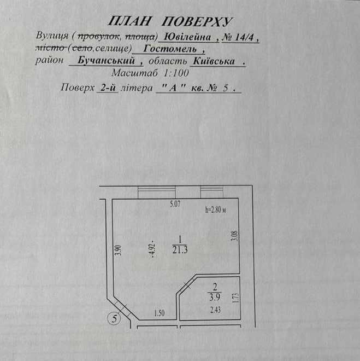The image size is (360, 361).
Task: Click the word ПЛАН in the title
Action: click(x=129, y=21)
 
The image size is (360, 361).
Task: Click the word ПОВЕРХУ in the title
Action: click(x=197, y=22)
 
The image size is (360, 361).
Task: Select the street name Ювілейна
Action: click(x=188, y=37)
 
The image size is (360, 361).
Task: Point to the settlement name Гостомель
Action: click(x=170, y=49)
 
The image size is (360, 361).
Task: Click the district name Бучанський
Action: click(x=106, y=60)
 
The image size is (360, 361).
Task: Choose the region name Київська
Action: click(x=214, y=61)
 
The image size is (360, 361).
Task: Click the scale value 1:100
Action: click(x=176, y=73)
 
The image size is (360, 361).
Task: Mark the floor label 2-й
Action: click(x=108, y=88)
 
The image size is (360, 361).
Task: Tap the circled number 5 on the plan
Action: click(x=114, y=319)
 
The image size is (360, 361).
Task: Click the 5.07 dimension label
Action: click(x=175, y=204)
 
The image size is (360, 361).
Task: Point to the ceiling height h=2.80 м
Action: click(x=215, y=209)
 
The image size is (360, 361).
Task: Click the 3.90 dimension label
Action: click(x=118, y=251)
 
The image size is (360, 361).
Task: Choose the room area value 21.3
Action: click(x=180, y=249)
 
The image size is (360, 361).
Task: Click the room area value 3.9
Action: click(x=215, y=297)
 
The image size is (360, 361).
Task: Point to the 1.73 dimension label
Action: click(x=237, y=298)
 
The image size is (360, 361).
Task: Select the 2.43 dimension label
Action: click(x=215, y=310)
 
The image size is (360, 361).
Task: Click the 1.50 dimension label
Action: click(x=160, y=313)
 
